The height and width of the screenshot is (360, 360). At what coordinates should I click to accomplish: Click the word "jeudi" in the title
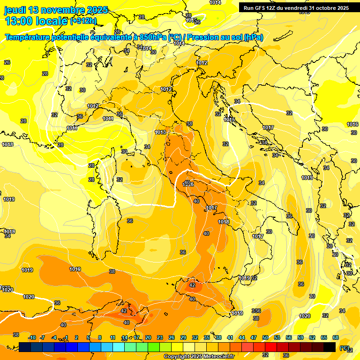[x=15, y=10]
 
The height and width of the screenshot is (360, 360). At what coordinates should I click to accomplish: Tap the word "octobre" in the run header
[x=321, y=8]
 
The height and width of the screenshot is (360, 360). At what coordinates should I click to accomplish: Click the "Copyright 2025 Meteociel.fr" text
[x=199, y=356]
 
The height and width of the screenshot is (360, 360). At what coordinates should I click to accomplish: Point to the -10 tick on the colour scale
[x=32, y=337]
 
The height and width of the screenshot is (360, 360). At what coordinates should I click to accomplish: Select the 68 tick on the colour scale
[x=336, y=337]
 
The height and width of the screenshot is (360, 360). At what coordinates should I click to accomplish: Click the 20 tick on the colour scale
[x=148, y=337]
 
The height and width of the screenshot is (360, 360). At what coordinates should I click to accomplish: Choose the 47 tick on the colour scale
[x=254, y=337]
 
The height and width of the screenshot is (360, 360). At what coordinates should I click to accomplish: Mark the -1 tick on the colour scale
[x=66, y=337]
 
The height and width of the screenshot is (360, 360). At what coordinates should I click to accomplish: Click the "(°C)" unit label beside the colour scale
[x=345, y=348]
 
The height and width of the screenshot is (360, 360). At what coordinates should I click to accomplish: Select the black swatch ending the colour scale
[x=330, y=347]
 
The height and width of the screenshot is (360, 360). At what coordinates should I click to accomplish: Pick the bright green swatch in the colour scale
[x=154, y=347]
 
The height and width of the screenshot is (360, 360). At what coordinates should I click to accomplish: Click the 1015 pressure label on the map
[x=229, y=120]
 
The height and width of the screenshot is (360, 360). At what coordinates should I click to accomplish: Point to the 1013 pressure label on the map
[x=160, y=133]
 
